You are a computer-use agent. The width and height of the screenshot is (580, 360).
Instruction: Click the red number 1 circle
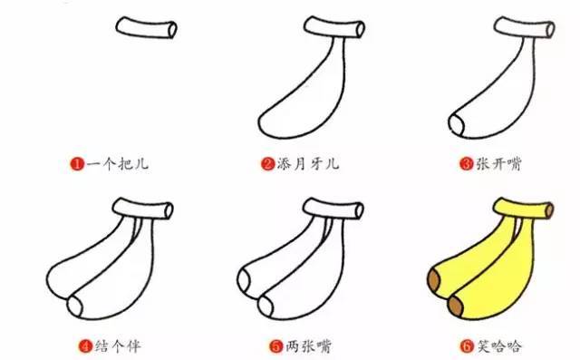[78, 164]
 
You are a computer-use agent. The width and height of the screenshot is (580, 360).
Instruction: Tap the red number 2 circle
[268, 164]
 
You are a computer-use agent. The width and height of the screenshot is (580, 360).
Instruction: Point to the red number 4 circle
[85, 345]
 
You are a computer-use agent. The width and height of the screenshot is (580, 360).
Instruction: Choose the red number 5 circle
[273, 345]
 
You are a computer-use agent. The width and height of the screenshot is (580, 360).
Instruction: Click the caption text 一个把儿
[116, 164]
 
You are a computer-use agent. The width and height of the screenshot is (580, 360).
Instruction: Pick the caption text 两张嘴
[305, 345]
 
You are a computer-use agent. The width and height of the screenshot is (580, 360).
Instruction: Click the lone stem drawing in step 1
[146, 29]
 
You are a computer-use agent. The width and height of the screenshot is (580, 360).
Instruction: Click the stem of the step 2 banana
[334, 30]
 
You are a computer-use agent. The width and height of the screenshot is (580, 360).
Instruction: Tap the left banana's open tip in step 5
[245, 277]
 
